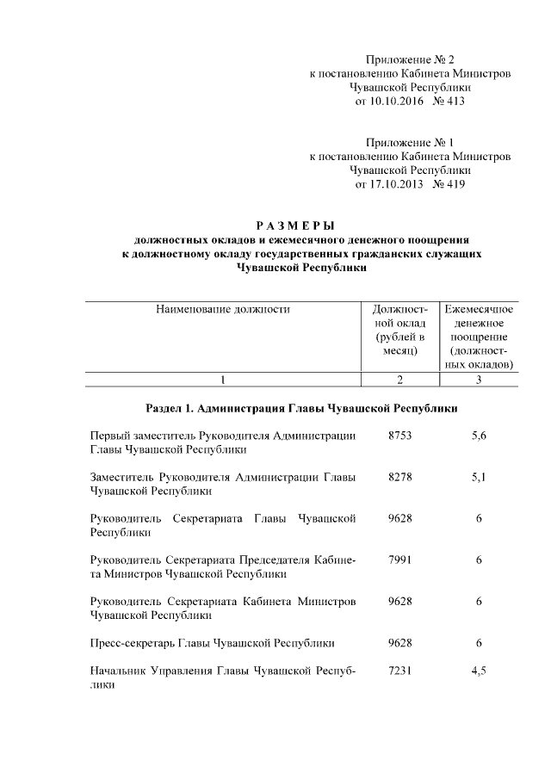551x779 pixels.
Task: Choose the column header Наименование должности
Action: tap(222, 308)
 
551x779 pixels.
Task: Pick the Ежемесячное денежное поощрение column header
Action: tap(479, 336)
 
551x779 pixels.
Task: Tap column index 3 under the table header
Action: tap(479, 379)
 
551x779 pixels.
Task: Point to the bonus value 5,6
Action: tap(480, 436)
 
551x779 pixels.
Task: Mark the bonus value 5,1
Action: tap(480, 478)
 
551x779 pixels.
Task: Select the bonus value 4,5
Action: tap(480, 671)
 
